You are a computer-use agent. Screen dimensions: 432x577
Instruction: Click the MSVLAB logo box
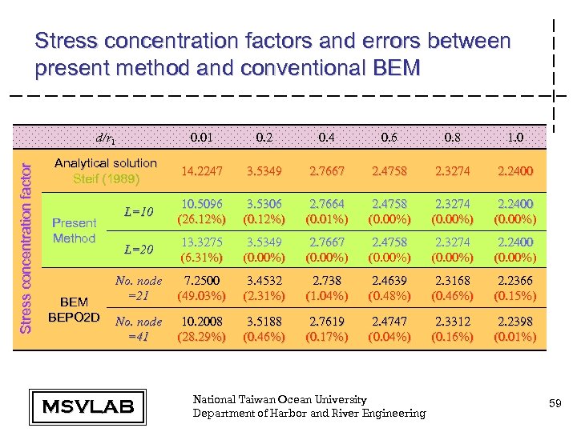82,406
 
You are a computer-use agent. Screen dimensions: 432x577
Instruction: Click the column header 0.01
201,137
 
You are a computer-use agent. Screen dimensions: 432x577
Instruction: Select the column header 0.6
389,137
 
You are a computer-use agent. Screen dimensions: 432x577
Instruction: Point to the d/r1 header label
105,138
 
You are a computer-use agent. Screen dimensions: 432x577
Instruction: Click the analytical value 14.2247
201,170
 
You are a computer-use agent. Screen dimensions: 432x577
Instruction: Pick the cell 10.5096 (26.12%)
201,211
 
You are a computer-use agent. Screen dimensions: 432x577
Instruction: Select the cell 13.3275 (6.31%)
201,249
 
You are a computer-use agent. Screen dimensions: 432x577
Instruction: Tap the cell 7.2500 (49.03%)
201,289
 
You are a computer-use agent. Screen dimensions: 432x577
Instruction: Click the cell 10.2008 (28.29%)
201,329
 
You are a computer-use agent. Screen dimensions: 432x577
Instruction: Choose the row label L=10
139,210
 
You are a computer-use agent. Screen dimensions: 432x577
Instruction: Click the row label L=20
139,250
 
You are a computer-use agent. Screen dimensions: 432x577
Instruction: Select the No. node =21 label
139,288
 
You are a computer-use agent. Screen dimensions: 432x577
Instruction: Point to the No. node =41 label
139,329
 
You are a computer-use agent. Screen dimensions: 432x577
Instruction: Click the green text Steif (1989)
105,178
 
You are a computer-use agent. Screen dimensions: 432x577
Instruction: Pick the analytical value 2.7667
326,170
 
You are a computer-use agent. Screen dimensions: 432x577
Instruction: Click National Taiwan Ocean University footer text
280,399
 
